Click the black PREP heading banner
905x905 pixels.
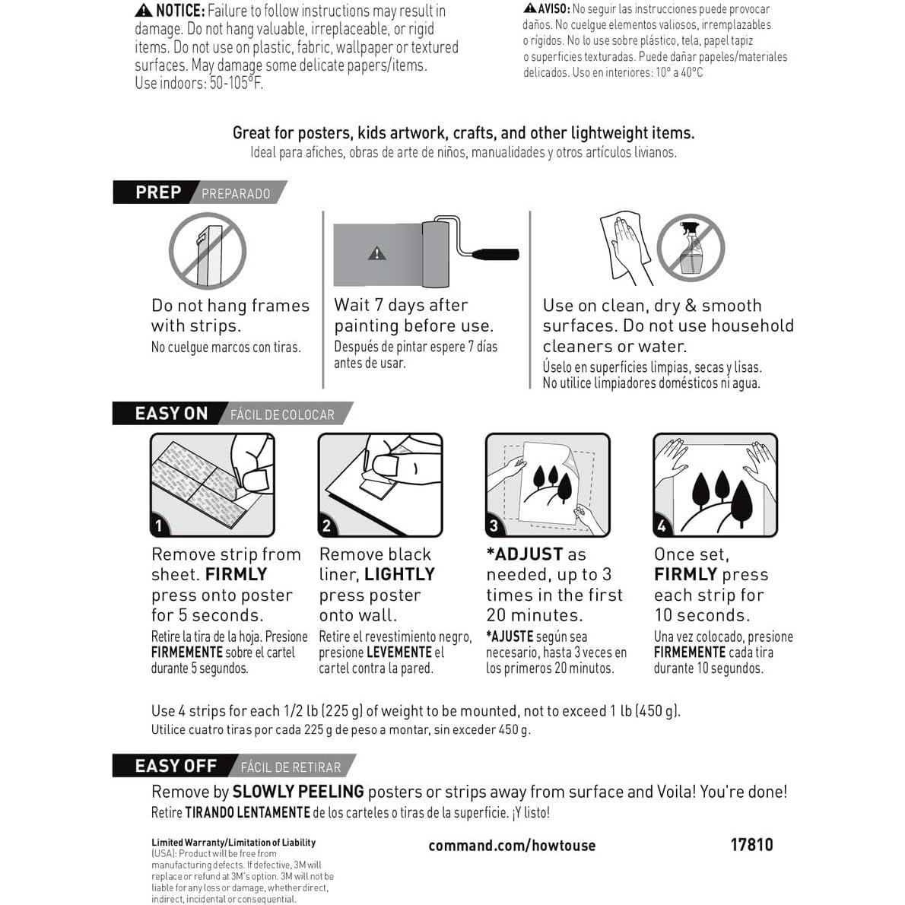(156, 192)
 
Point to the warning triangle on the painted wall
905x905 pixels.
(376, 253)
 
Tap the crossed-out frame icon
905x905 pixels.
(207, 250)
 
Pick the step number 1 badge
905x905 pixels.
(159, 526)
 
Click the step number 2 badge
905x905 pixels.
(327, 526)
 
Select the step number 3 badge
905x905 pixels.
(494, 526)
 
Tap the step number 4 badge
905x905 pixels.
(662, 526)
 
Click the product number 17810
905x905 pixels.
(751, 845)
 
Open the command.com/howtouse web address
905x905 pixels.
(512, 846)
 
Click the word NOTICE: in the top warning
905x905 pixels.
(179, 11)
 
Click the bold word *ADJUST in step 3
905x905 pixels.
(525, 554)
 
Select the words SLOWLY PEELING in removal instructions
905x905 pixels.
(298, 792)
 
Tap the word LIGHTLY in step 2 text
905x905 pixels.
(399, 575)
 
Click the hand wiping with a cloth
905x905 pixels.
(627, 243)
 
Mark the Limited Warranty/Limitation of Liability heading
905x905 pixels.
(233, 843)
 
